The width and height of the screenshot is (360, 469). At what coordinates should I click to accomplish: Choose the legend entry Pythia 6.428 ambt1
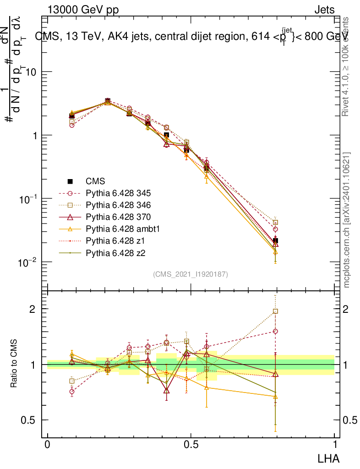pos(115,228)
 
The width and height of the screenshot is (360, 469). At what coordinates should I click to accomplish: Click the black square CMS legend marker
pos(71,181)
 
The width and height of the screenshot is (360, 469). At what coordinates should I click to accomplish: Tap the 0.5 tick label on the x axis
pos(191,445)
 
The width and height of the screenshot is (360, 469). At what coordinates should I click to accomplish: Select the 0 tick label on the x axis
pos(47,445)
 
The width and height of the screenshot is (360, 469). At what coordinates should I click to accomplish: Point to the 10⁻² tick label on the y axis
pos(27,262)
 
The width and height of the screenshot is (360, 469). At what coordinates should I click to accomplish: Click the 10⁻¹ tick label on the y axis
pos(27,199)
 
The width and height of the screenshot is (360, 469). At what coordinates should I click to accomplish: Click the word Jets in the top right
pos(324,10)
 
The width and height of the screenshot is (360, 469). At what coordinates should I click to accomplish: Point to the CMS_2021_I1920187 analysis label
pos(190,274)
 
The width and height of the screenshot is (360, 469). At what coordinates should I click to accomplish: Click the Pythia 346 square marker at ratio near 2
pos(275,311)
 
